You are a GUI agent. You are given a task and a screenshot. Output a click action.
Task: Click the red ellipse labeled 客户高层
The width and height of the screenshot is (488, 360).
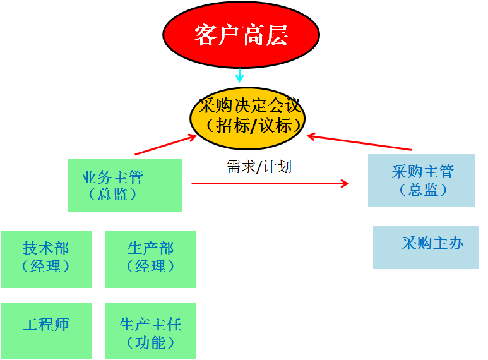coord(241,35)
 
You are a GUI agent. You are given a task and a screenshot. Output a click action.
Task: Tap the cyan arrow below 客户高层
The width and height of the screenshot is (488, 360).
coord(239,75)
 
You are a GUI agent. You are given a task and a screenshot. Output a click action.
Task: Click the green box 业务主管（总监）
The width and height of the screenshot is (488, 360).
coord(124,184)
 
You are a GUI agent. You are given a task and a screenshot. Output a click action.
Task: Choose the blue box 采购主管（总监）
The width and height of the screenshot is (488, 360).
coord(421,180)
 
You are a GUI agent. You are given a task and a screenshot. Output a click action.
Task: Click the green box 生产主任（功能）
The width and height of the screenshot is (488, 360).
coord(150,331)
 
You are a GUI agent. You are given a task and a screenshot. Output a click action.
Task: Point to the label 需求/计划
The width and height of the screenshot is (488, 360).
coord(259,167)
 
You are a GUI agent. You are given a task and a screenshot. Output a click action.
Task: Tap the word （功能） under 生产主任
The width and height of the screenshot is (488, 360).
coord(150,342)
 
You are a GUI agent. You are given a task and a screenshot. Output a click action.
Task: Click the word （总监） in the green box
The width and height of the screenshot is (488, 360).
coord(113,194)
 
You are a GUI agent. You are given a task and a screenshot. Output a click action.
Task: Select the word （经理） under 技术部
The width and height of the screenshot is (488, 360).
coord(46,266)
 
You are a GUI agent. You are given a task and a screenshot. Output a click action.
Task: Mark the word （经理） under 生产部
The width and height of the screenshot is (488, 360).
coord(150,266)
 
